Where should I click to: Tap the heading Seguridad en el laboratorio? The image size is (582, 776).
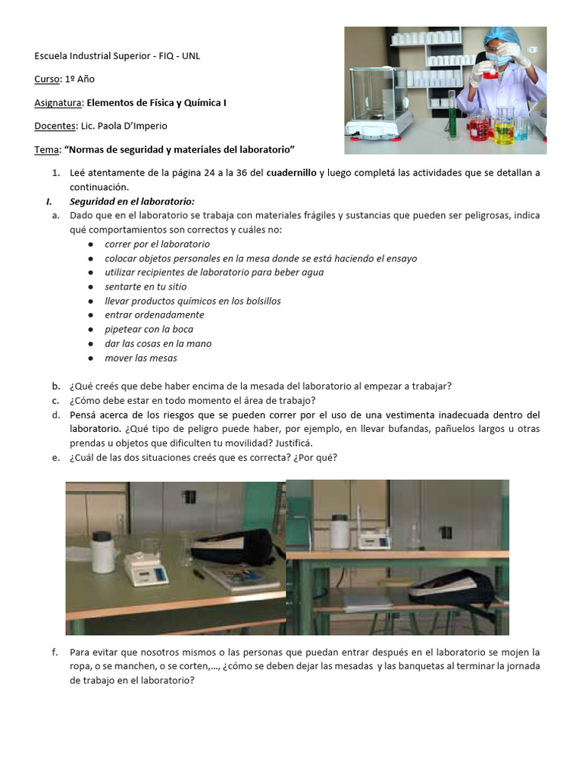[132, 201]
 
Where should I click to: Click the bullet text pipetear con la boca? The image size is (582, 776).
[149, 329]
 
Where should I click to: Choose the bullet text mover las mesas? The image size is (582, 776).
[141, 358]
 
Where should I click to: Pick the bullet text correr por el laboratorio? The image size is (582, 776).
[157, 244]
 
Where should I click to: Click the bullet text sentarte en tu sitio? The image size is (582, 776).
[145, 286]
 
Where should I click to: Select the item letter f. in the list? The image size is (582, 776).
[55, 652]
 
